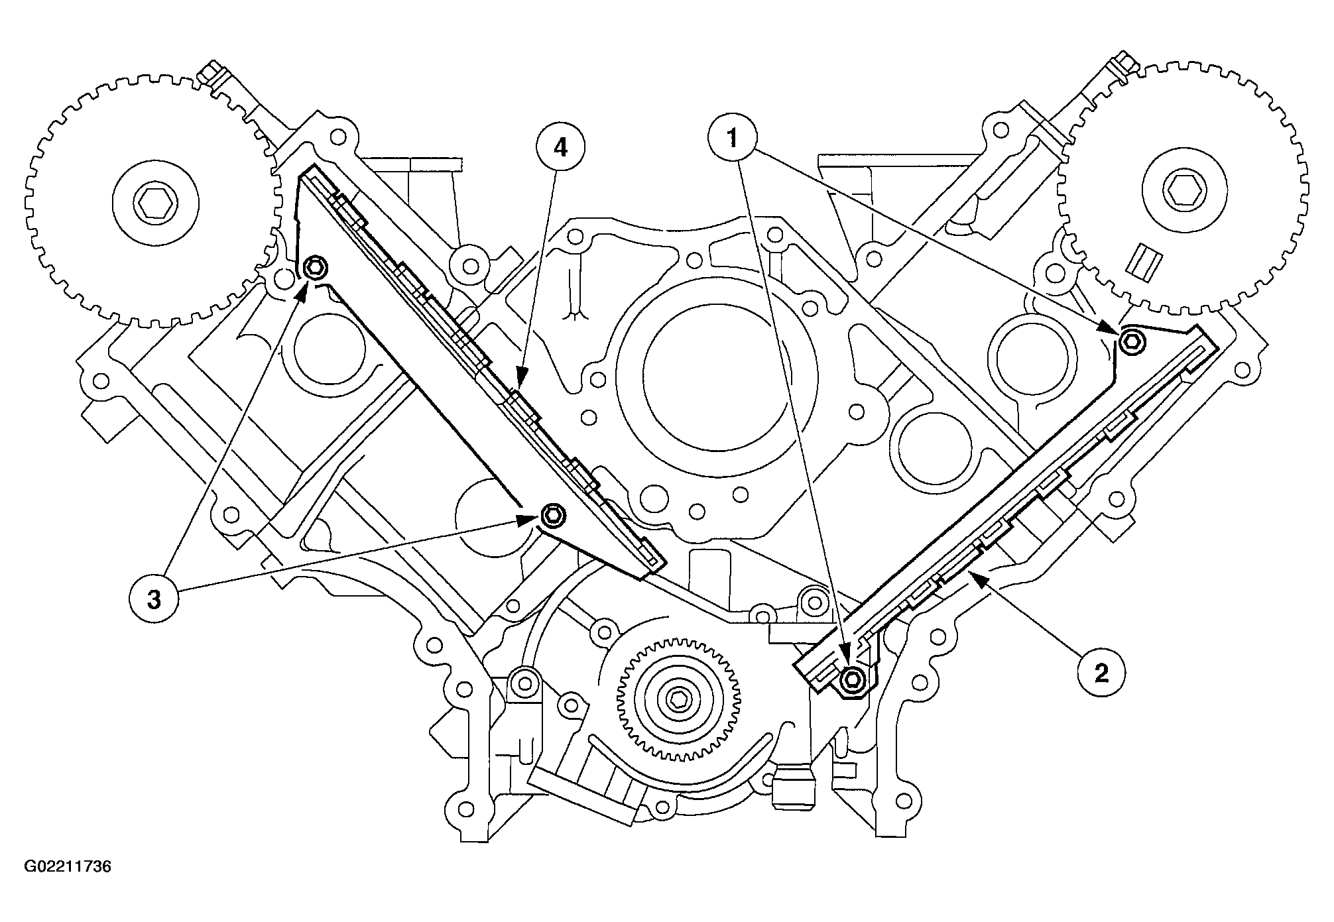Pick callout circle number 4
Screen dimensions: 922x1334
click(560, 148)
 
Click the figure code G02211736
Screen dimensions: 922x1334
click(68, 866)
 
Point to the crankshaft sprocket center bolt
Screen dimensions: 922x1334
click(677, 699)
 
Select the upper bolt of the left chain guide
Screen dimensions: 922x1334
click(314, 268)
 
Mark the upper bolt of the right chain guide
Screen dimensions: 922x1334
click(1131, 341)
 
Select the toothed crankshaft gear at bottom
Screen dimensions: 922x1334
click(677, 699)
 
